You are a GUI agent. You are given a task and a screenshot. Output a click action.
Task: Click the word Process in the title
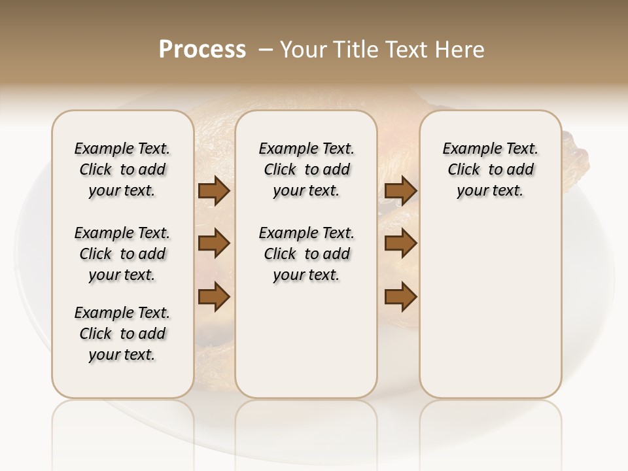[202, 50]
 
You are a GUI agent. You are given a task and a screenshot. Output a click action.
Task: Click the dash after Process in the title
[265, 50]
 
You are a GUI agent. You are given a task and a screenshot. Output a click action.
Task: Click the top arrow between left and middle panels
[214, 191]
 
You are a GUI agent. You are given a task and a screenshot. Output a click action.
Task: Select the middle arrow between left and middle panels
[214, 243]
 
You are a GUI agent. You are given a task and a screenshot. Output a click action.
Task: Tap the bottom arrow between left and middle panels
[214, 298]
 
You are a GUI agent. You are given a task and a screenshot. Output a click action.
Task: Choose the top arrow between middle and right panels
[400, 191]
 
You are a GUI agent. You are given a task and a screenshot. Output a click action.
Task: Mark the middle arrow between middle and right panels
[400, 243]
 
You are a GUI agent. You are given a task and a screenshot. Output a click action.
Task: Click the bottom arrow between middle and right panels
[400, 298]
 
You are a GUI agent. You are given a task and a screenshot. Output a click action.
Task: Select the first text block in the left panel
[122, 169]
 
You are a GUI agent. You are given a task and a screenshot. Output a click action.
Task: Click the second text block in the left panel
[122, 254]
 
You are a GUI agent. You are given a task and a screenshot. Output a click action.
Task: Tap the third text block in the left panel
[122, 334]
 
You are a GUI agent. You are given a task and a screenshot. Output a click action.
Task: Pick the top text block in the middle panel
[306, 169]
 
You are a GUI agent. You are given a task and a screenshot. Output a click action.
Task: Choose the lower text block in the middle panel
[306, 254]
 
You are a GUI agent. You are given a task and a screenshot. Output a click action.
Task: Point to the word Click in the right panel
[464, 169]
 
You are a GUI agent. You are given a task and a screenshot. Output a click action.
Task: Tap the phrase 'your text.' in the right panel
[490, 190]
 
